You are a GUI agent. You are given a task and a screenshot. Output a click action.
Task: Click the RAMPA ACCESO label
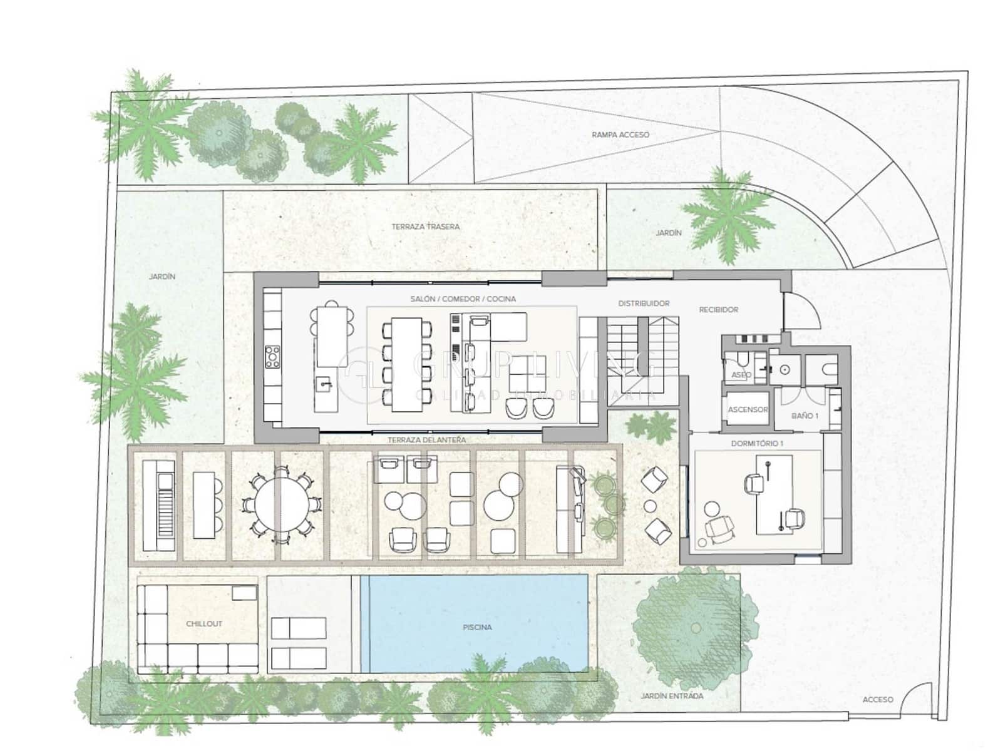[x=620, y=135]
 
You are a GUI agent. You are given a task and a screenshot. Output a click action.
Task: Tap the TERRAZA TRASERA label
[x=426, y=227]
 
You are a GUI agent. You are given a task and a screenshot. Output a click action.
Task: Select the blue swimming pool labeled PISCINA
[x=477, y=626]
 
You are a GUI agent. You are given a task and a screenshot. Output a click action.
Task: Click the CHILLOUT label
[x=204, y=624]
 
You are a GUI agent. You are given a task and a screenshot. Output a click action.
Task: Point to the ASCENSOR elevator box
[x=748, y=410]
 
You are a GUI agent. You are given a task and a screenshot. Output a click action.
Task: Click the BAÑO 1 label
[x=805, y=416]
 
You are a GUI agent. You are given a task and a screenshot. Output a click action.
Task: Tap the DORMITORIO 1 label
[x=757, y=443]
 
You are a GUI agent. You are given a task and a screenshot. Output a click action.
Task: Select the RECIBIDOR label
[x=718, y=310]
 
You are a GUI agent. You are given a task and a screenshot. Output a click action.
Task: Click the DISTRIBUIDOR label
[x=644, y=304]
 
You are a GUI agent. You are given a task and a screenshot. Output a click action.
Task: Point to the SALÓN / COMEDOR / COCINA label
[x=463, y=299]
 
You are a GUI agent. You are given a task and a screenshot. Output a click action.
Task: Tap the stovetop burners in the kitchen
[x=273, y=357]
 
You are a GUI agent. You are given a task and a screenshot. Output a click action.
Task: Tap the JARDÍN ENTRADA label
[x=672, y=696]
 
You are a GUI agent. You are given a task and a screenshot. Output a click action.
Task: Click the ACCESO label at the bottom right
[x=877, y=700]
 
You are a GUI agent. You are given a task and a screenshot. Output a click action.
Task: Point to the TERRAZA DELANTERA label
[x=426, y=440]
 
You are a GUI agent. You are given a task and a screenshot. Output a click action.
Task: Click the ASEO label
[x=741, y=375]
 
